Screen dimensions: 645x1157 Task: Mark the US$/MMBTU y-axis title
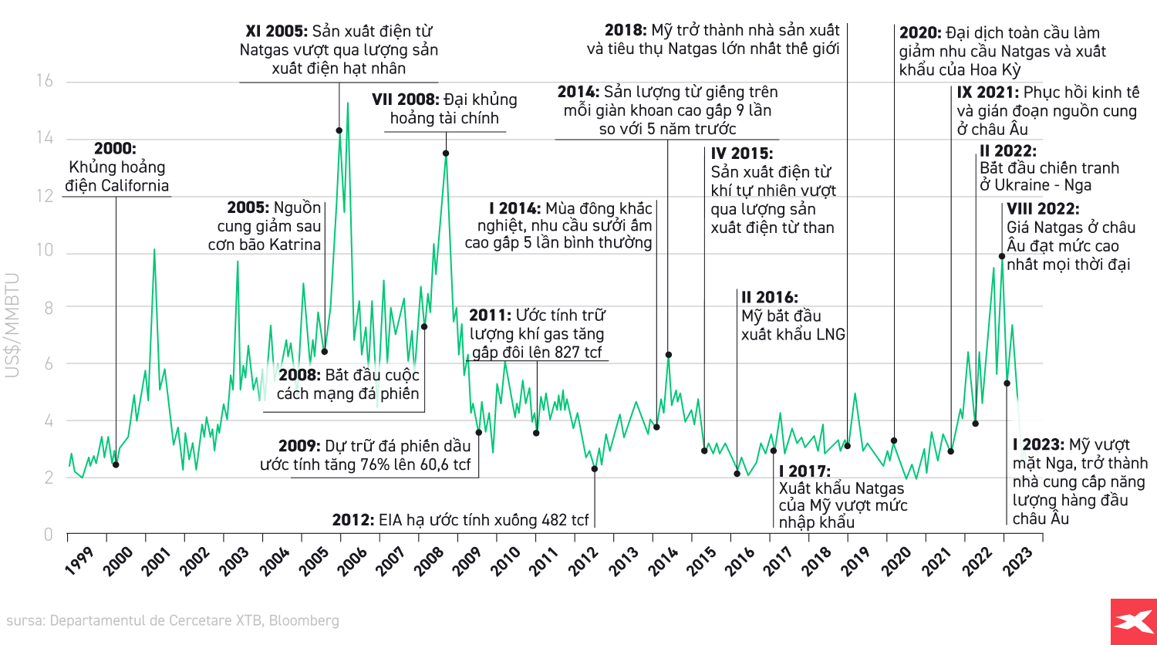[13, 324]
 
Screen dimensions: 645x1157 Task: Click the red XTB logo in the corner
[1133, 621]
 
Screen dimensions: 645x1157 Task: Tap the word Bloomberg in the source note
[304, 620]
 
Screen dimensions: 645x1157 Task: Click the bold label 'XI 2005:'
[276, 32]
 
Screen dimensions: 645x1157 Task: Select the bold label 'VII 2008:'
[405, 100]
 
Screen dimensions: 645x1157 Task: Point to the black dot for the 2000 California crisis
[116, 464]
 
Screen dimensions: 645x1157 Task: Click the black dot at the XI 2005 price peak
[339, 130]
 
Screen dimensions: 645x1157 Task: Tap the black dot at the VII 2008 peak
[446, 154]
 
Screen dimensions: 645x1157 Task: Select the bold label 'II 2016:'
[769, 298]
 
